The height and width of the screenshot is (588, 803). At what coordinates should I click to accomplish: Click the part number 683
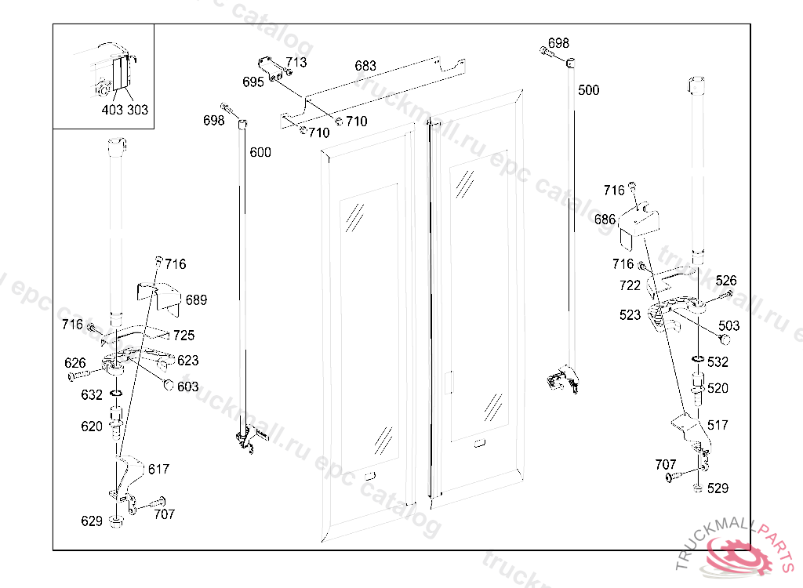(365, 66)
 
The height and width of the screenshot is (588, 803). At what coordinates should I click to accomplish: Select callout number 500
(588, 90)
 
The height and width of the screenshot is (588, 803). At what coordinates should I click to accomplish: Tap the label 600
(260, 152)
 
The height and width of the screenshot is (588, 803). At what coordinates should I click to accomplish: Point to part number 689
(196, 300)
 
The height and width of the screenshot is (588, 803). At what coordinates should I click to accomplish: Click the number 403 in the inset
(112, 111)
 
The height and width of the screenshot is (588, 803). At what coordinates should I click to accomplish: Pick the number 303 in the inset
(137, 111)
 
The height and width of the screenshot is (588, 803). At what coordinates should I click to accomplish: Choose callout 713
(296, 62)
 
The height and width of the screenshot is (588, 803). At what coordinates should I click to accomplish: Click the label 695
(253, 82)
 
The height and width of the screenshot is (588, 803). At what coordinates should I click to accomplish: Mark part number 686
(605, 220)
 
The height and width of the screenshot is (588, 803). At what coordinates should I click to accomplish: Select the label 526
(726, 281)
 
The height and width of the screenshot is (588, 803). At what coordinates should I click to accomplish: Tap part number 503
(729, 325)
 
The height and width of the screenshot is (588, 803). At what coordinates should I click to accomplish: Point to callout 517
(718, 425)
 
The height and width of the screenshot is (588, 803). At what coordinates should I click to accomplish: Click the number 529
(718, 488)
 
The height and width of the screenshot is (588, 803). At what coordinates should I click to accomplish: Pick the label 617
(158, 469)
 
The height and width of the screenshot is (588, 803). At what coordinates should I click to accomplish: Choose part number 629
(92, 521)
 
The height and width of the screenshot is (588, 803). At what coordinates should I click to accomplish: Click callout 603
(187, 387)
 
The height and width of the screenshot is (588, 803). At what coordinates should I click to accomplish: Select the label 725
(183, 336)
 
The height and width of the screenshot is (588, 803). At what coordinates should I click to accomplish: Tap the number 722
(630, 285)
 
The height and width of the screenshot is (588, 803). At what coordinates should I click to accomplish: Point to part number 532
(718, 362)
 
